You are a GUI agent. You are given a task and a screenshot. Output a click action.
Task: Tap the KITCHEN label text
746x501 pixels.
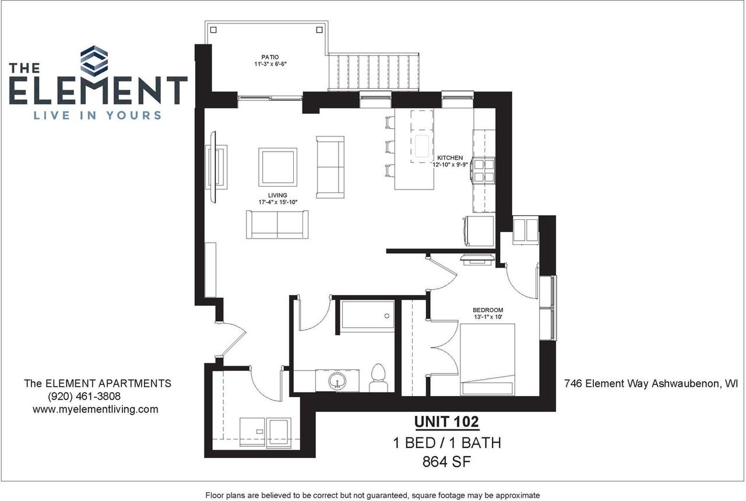(450, 157)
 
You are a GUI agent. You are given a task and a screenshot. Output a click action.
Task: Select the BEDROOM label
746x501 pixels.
(488, 310)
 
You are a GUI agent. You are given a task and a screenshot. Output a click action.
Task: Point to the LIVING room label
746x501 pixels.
(277, 195)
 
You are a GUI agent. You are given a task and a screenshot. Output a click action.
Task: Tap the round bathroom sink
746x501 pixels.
(337, 381)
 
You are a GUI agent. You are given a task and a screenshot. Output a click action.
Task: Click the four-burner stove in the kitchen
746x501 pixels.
(484, 171)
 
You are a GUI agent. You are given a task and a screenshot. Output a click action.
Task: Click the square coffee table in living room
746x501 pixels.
(278, 167)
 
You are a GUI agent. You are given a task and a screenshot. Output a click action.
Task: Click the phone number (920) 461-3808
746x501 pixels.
(85, 397)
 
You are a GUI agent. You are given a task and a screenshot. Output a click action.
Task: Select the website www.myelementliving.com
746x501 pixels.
(95, 409)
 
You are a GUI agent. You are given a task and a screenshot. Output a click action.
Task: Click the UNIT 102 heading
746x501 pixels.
(446, 421)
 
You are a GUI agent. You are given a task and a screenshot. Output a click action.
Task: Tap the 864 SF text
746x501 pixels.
(446, 462)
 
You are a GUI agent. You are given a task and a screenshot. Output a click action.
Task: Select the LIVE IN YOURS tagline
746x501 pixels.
(97, 115)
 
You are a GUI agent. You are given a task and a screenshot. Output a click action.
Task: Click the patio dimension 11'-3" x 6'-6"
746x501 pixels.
(270, 65)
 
